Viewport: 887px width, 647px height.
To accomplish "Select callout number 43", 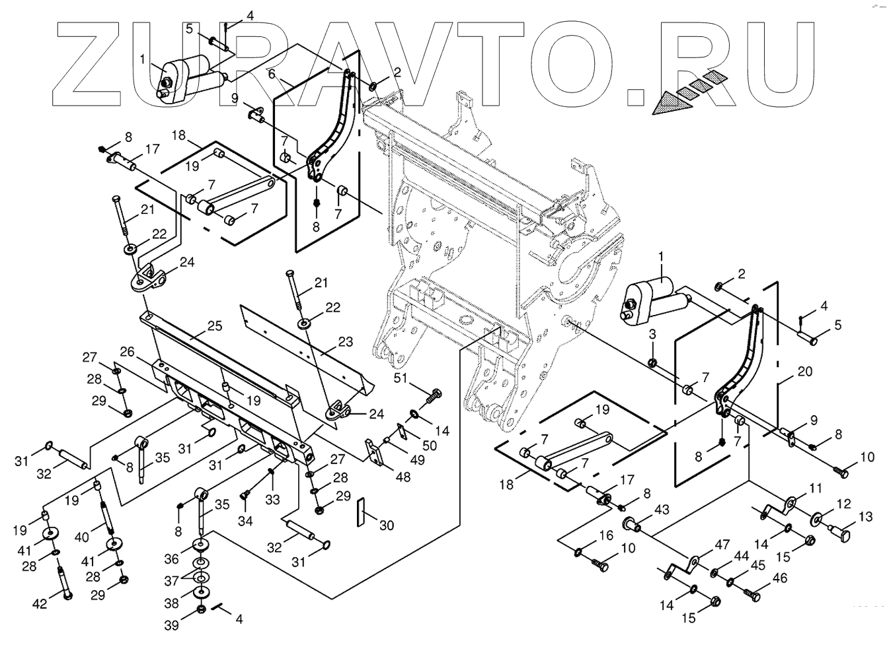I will pos(662,510).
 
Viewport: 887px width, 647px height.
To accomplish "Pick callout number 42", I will pos(40,604).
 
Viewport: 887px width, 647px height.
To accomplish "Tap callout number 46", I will pos(780,579).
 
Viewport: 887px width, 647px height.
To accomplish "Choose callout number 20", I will pos(804,372).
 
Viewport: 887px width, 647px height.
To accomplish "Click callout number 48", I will pos(402,477).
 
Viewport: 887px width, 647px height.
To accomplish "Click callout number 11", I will pos(816,489).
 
